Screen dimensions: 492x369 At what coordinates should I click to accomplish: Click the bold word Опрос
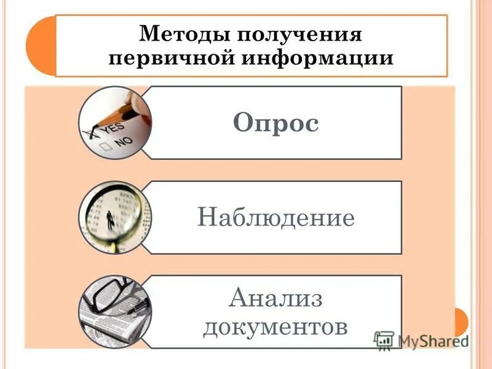(x=276, y=124)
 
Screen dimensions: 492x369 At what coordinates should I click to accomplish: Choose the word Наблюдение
(x=276, y=218)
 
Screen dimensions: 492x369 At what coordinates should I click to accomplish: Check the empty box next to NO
(x=105, y=146)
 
